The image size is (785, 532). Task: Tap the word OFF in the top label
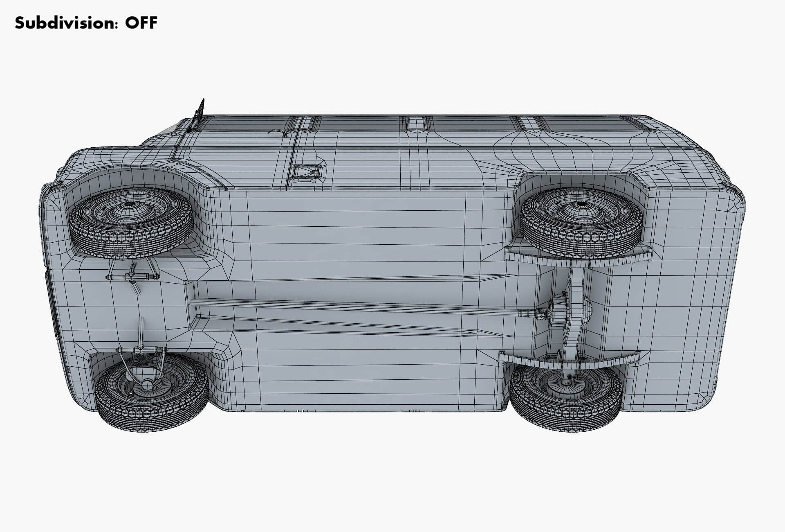click(x=141, y=23)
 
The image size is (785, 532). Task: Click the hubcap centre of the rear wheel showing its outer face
click(x=580, y=205)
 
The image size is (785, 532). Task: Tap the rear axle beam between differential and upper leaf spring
click(x=577, y=282)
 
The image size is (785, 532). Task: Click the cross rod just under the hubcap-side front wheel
click(x=132, y=277)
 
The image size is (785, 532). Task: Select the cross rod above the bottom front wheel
click(x=141, y=351)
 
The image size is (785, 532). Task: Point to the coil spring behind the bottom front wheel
click(x=139, y=364)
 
